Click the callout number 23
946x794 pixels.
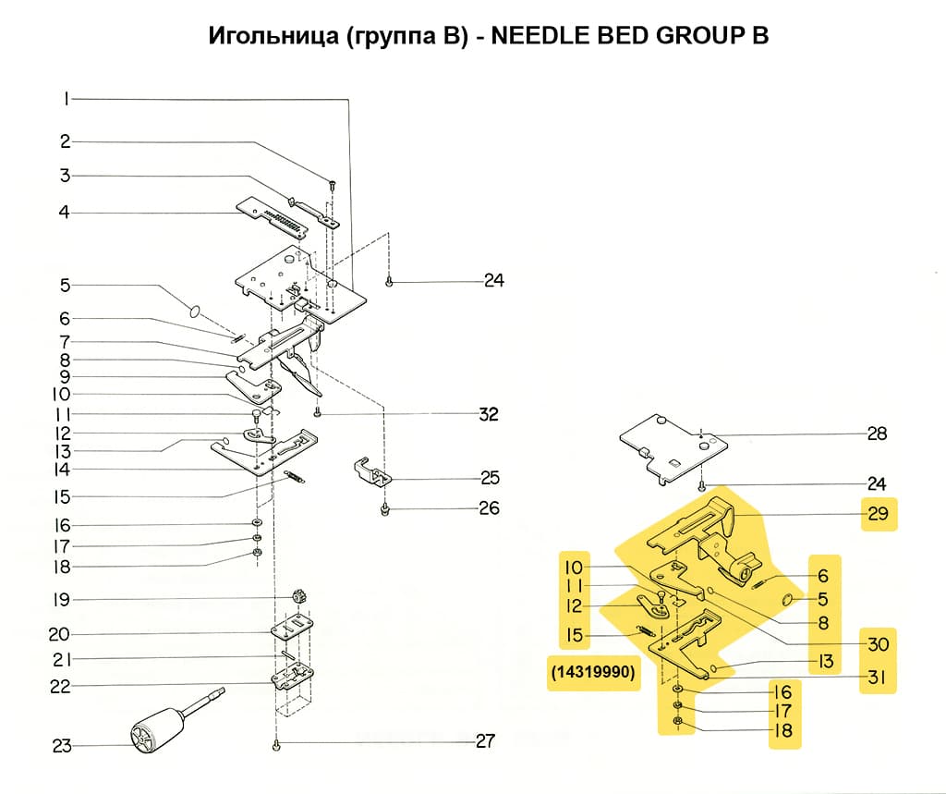(62, 746)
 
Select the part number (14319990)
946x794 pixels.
(592, 673)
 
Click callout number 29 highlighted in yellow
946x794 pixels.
(878, 513)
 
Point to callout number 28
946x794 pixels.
(877, 433)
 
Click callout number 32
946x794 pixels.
(488, 414)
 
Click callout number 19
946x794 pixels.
(62, 600)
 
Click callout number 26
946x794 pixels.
(488, 508)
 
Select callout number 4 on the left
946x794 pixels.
(65, 213)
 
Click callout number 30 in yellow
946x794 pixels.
(878, 643)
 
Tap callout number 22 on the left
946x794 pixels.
(62, 687)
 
